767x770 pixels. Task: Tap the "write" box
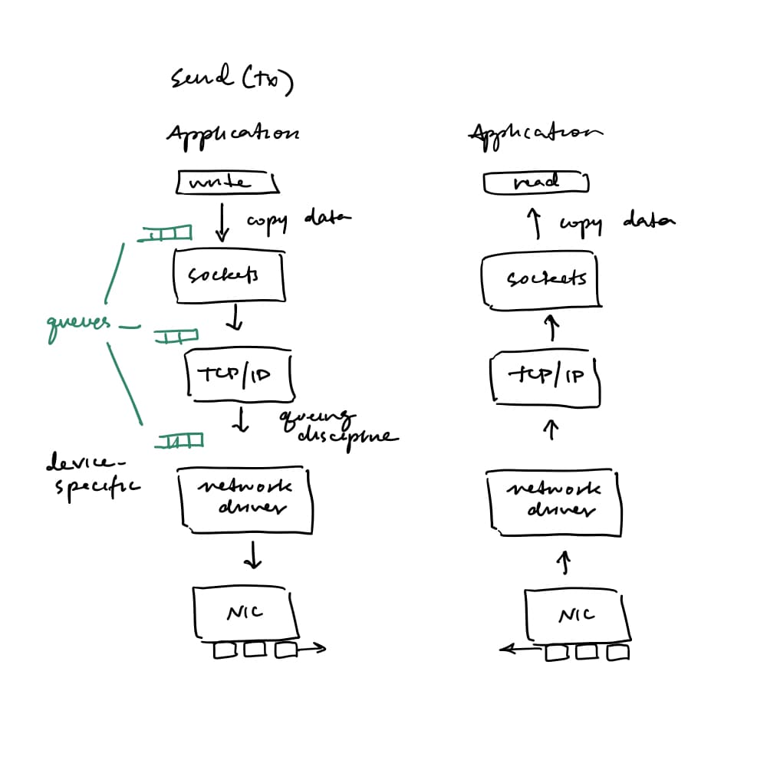[x=226, y=183]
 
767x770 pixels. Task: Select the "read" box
[x=536, y=183]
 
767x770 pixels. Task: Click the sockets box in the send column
[x=229, y=274]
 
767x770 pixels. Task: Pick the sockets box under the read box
[x=538, y=279]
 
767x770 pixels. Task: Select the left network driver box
[x=245, y=500]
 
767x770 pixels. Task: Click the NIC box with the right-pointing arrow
[x=245, y=614]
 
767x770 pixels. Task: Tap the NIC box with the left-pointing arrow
[x=577, y=615]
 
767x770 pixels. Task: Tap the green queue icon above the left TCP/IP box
[x=176, y=336]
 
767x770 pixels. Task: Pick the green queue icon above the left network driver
[x=181, y=440]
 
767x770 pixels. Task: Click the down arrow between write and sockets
[x=223, y=222]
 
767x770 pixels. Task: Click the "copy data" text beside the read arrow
[x=616, y=222]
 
